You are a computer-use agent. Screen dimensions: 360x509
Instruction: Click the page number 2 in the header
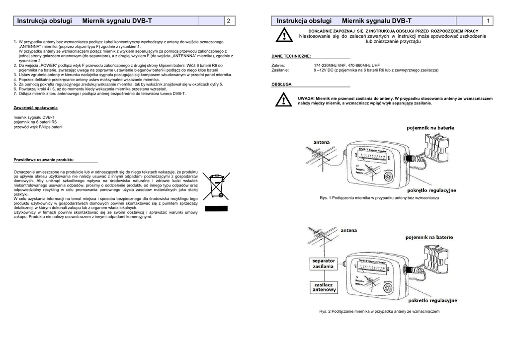tap(228, 21)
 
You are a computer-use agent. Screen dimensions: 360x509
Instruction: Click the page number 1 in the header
tap(489, 21)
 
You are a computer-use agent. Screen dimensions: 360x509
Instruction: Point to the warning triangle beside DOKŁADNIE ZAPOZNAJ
tap(284, 36)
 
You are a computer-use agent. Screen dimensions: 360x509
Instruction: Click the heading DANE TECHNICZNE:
tap(291, 57)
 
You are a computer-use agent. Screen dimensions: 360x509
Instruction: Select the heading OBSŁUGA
tap(281, 85)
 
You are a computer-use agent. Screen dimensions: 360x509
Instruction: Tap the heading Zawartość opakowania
tap(36, 108)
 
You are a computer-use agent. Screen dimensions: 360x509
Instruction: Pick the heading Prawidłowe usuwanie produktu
tap(44, 160)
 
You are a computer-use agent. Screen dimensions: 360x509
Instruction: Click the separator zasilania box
tap(323, 263)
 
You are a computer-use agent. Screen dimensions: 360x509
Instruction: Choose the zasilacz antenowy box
tap(324, 286)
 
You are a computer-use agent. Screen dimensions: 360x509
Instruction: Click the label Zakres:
tap(278, 66)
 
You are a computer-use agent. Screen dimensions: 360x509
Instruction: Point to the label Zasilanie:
tap(280, 71)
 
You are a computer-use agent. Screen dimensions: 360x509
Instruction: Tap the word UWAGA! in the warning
tap(306, 98)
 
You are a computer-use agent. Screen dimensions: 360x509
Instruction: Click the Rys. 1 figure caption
tap(379, 198)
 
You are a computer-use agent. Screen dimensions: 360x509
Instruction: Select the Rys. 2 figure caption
tap(379, 311)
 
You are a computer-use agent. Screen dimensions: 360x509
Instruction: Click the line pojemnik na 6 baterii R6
tap(35, 122)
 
